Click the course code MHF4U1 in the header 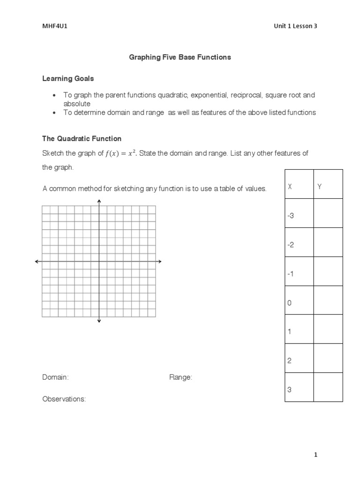(x=52, y=26)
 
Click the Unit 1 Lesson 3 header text (x=295, y=26)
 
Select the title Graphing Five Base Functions (x=180, y=57)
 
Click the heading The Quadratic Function (x=82, y=139)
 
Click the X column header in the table (x=290, y=187)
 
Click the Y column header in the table (x=320, y=187)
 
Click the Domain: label (x=56, y=377)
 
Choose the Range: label (x=180, y=377)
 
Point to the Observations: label (x=64, y=399)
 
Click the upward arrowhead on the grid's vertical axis (x=99, y=202)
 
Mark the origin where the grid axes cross (x=99, y=261)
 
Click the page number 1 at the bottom (x=316, y=455)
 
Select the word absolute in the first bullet (x=77, y=104)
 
